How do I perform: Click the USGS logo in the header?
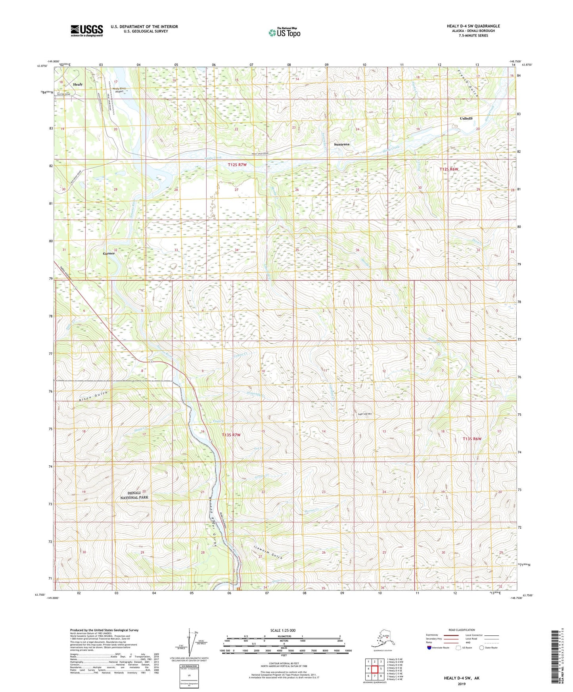[86, 31]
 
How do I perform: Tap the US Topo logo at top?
[284, 32]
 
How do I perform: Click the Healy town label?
[78, 84]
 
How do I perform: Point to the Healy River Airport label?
[119, 90]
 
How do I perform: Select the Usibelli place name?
[466, 119]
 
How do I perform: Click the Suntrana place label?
[341, 144]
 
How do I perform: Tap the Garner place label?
[109, 253]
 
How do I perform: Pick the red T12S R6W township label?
[448, 169]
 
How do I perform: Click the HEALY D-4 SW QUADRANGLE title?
[473, 26]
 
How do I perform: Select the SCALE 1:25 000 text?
[283, 630]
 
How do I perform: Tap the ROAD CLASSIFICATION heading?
[461, 630]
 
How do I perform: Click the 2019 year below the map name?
[461, 684]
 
